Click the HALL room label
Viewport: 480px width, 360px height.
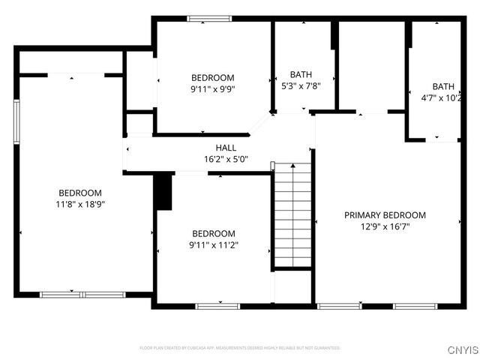click(x=226, y=148)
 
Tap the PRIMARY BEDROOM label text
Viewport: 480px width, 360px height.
click(x=385, y=214)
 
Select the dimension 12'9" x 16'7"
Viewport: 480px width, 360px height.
click(x=385, y=226)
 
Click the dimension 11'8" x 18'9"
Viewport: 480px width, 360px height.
click(x=79, y=203)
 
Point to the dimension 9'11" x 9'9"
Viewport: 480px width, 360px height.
click(x=212, y=88)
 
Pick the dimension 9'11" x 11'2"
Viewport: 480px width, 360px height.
click(x=213, y=244)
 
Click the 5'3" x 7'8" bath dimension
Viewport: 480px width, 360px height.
click(x=301, y=85)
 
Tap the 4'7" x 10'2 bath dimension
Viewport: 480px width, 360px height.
click(x=442, y=97)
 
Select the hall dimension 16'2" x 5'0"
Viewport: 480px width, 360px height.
click(x=226, y=159)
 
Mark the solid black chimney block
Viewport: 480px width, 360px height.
click(x=163, y=192)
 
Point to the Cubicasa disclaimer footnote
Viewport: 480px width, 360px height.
click(x=240, y=348)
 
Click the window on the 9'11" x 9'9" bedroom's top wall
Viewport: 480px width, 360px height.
click(x=209, y=19)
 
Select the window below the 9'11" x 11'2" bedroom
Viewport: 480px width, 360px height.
click(x=217, y=306)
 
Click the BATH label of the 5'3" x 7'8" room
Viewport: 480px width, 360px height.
click(x=301, y=74)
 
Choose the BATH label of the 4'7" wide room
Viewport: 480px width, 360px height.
click(x=442, y=85)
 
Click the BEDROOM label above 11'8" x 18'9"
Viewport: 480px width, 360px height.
click(x=79, y=193)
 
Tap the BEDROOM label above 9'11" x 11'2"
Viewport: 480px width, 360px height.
click(x=213, y=233)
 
